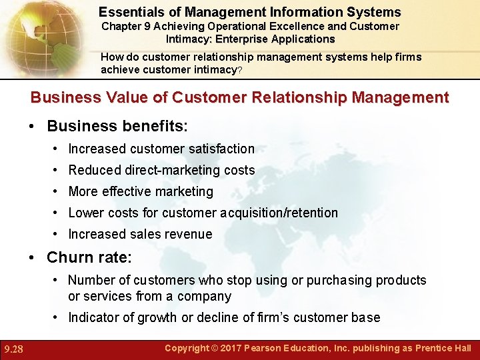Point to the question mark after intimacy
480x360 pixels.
(x=241, y=70)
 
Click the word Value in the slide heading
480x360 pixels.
(x=128, y=97)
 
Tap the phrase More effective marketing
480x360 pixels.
(x=141, y=191)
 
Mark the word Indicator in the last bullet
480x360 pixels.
(x=95, y=317)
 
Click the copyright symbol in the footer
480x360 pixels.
(x=217, y=348)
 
